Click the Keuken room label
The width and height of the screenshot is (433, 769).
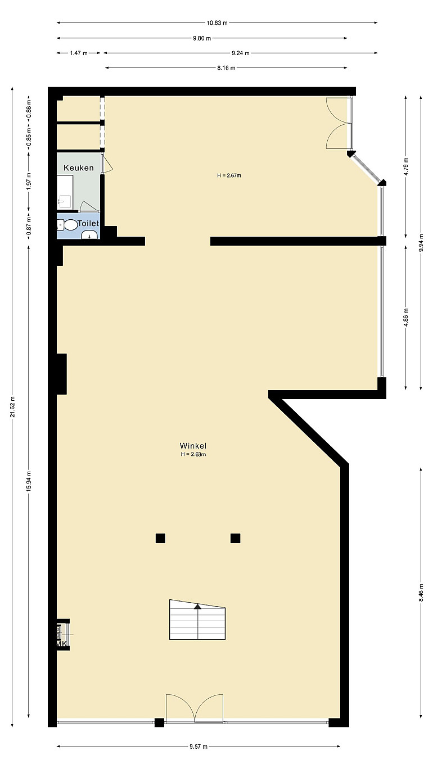coord(79,168)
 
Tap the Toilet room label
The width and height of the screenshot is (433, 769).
coord(88,224)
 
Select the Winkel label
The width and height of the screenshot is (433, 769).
coord(193,446)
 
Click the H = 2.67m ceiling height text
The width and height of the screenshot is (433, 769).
coord(229,175)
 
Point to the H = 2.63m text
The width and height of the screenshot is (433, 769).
coord(193,454)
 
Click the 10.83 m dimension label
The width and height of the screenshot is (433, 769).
coord(217,23)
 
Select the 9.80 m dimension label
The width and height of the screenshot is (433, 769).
coord(202,38)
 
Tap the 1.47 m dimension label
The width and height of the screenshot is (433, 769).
coord(79,53)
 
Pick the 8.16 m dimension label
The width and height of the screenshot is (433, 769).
coord(226,67)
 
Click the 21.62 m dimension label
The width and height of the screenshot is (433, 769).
coord(13,406)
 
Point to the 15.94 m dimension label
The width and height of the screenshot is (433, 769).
coord(29,481)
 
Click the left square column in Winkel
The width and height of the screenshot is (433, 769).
coord(160,538)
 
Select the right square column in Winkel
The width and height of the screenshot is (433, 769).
coord(235,538)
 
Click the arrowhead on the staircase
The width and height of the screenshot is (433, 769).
coord(197,607)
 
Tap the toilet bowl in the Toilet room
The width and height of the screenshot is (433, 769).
coord(71,225)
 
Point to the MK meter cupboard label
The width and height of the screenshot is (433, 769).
coord(61,644)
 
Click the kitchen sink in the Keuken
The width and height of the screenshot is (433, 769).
coord(65,201)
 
